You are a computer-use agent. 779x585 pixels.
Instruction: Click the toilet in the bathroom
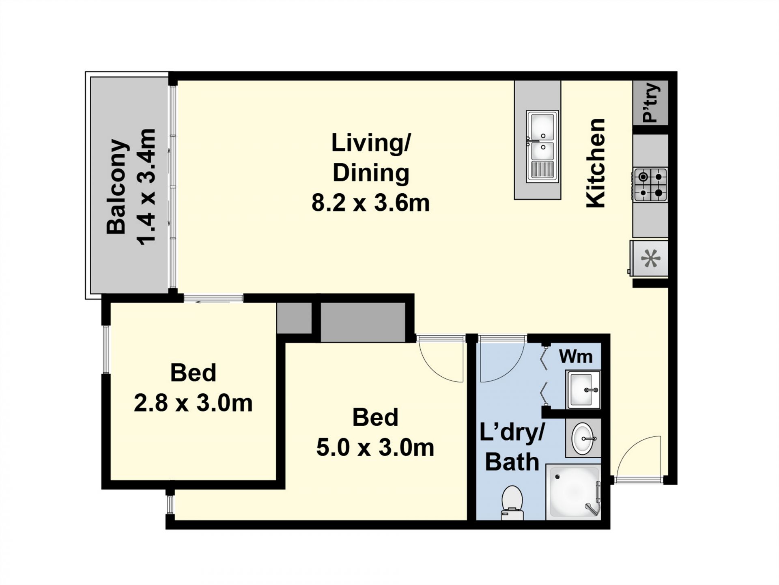[x=512, y=503]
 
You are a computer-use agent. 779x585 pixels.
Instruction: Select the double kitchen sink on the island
[x=542, y=146]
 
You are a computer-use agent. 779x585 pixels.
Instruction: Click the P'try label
[x=650, y=103]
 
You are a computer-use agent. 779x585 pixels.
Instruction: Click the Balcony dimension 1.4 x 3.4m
[x=146, y=187]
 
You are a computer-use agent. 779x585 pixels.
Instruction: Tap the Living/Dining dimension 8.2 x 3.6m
[x=370, y=203]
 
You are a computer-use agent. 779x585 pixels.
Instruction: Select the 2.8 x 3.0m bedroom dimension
[x=193, y=403]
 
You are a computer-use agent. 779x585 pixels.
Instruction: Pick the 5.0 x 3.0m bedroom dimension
[x=375, y=448]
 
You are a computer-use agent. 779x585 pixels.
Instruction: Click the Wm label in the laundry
[x=576, y=356]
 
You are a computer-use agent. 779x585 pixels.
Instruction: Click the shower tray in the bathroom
[x=573, y=492]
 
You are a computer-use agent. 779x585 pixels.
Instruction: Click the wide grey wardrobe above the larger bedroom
[x=363, y=322]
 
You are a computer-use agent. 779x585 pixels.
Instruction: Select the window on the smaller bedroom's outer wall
[x=105, y=349]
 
